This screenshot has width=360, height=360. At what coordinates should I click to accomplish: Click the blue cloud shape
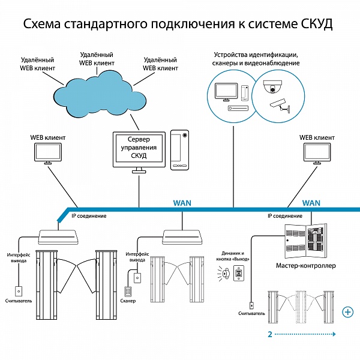click(100, 94)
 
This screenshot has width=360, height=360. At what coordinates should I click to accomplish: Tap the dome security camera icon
click(272, 86)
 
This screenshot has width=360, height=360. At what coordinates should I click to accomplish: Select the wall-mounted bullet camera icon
click(280, 106)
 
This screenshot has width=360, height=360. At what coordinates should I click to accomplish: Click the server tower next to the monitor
click(179, 150)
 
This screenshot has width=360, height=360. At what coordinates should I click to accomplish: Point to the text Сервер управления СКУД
click(139, 148)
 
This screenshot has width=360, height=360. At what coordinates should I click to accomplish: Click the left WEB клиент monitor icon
click(48, 154)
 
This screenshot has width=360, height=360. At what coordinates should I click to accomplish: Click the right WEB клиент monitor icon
click(317, 154)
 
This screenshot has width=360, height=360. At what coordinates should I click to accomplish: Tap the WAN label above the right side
click(311, 203)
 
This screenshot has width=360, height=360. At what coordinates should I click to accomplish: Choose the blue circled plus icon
click(347, 312)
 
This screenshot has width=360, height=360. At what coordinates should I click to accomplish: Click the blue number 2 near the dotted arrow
click(270, 334)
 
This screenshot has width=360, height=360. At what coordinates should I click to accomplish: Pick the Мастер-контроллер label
click(305, 266)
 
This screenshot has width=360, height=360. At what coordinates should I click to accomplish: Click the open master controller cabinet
click(305, 241)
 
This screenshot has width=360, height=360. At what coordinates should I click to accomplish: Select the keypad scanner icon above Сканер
click(127, 292)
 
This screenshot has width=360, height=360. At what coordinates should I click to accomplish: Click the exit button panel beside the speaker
click(239, 273)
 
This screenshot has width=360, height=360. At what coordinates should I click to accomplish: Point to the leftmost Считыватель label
click(19, 301)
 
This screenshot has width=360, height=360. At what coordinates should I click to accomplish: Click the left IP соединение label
click(89, 216)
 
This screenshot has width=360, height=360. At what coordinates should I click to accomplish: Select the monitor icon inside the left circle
click(226, 92)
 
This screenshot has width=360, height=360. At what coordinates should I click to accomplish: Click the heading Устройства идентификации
click(256, 55)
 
